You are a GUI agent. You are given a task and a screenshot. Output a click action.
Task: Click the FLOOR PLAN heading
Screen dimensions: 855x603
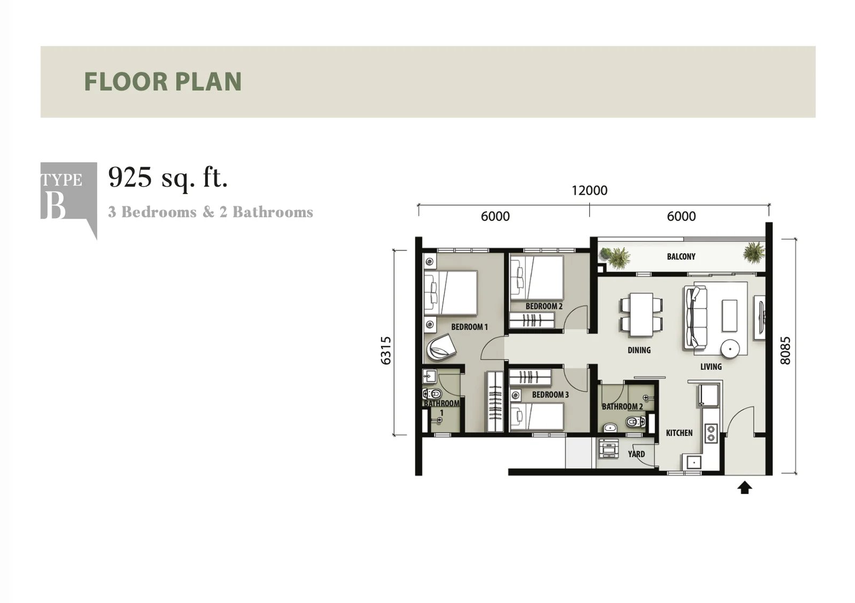click(x=163, y=81)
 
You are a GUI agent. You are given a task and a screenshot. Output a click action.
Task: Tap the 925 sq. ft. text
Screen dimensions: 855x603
click(x=168, y=178)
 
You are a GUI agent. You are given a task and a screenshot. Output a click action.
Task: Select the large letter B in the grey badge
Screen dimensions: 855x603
click(x=56, y=205)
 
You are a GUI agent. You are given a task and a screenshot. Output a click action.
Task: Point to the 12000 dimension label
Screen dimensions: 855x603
click(x=589, y=190)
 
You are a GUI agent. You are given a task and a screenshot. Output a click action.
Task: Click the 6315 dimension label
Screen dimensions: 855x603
click(x=386, y=351)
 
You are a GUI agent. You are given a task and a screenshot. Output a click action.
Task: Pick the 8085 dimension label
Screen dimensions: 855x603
click(x=785, y=351)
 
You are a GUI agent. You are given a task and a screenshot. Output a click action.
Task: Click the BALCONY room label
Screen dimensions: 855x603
click(x=681, y=256)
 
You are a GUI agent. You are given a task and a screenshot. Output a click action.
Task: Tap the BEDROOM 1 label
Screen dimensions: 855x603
click(x=470, y=327)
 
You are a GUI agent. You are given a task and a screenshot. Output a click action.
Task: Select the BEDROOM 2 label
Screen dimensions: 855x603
click(x=544, y=306)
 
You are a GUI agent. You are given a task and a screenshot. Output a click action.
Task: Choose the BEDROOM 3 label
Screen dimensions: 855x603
click(x=550, y=395)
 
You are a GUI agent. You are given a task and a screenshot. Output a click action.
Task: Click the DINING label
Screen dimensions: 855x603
click(x=639, y=350)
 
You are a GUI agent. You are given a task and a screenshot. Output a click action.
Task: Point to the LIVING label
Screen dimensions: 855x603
click(x=711, y=367)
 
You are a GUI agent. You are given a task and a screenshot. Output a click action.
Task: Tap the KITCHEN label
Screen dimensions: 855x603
click(x=679, y=432)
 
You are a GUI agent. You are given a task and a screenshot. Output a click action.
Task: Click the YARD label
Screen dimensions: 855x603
click(x=636, y=454)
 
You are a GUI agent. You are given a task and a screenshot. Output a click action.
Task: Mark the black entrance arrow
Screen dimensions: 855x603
click(x=744, y=488)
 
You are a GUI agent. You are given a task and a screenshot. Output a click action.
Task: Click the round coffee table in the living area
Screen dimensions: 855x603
click(x=730, y=349)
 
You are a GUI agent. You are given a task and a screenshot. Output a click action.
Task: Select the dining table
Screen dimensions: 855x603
click(x=641, y=315)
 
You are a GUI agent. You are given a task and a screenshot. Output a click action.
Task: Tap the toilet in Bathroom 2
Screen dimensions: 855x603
click(x=635, y=422)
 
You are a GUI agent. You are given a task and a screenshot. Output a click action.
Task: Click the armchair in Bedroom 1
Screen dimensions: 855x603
click(x=441, y=347)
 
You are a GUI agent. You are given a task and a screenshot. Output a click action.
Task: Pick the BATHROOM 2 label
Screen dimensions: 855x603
click(x=622, y=407)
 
